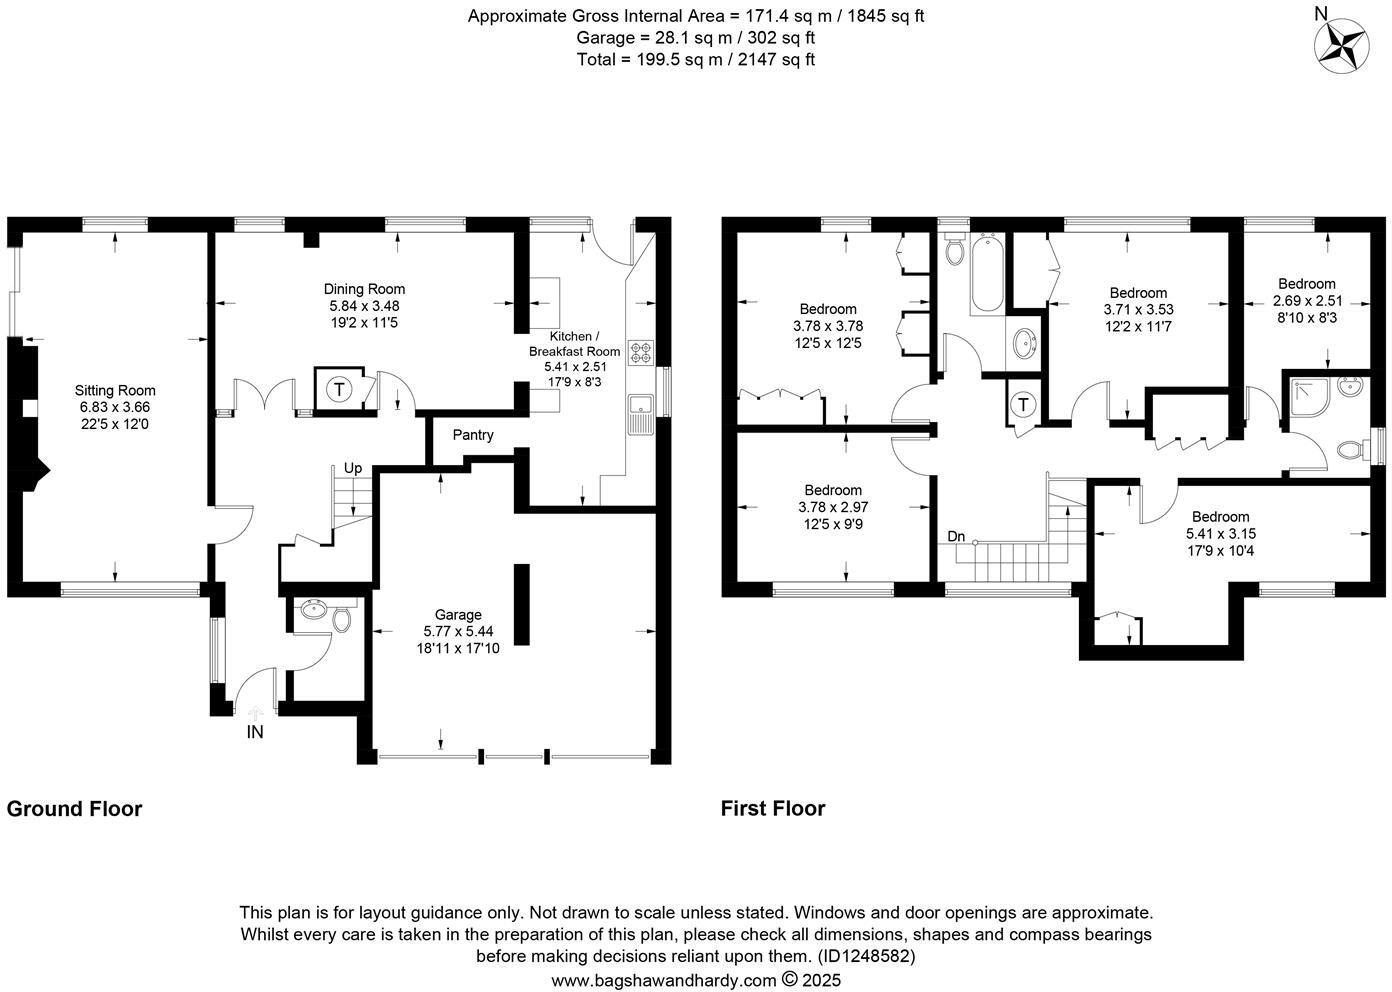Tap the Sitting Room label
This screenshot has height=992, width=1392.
coord(115,391)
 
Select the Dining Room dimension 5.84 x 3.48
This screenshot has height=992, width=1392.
coord(364,306)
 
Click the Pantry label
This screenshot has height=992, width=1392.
coord(473,435)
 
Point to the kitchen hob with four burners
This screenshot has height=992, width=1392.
coord(640,351)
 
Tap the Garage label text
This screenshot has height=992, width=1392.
coord(458,615)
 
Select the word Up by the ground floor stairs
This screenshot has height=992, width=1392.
coord(353,468)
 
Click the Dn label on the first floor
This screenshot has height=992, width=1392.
coord(957,537)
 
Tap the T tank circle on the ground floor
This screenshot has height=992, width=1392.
coord(340,389)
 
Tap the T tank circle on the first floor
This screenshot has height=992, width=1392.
coord(1023,405)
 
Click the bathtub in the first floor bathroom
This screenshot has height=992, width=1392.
coord(985,273)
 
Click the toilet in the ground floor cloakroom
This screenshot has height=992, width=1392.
coord(342,621)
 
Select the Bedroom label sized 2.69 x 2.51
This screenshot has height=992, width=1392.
coord(1306,284)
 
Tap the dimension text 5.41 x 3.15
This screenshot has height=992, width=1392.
coord(1220,533)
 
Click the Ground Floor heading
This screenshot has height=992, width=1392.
coord(74,808)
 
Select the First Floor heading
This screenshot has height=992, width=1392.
coord(773,808)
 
